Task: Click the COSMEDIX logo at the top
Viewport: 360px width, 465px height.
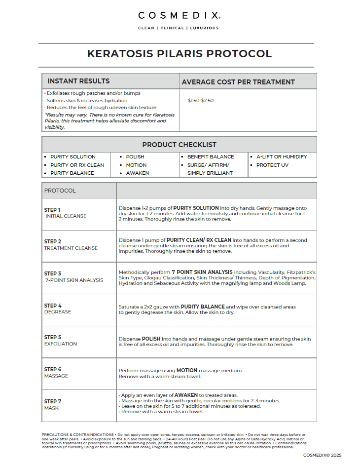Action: (x=179, y=15)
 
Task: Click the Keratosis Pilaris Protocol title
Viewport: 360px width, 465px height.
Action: (x=179, y=54)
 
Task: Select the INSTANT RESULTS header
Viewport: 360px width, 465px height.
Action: (x=78, y=81)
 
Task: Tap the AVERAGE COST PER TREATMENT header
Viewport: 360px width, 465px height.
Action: (x=238, y=82)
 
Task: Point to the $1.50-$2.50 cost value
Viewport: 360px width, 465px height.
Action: (x=200, y=100)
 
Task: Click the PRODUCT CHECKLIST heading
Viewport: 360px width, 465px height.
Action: (x=179, y=145)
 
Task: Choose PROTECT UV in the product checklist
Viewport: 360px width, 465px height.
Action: (x=272, y=165)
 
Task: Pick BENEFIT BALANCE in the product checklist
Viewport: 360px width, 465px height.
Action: (x=211, y=157)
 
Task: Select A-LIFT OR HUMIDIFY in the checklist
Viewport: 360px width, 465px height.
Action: (x=281, y=157)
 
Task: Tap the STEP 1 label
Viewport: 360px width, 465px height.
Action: (x=52, y=210)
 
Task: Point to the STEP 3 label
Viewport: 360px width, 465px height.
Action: (x=53, y=273)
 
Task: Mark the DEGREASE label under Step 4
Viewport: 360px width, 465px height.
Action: (x=58, y=312)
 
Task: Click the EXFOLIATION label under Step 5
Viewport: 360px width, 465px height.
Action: (x=61, y=344)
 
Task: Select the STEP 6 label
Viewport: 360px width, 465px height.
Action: (x=53, y=369)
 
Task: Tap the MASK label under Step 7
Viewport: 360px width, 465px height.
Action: (x=51, y=408)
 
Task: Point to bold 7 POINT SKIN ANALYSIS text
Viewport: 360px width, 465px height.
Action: (x=202, y=272)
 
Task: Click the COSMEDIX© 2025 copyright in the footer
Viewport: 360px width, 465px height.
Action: (x=322, y=455)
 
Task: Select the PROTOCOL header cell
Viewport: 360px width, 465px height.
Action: (x=60, y=191)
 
